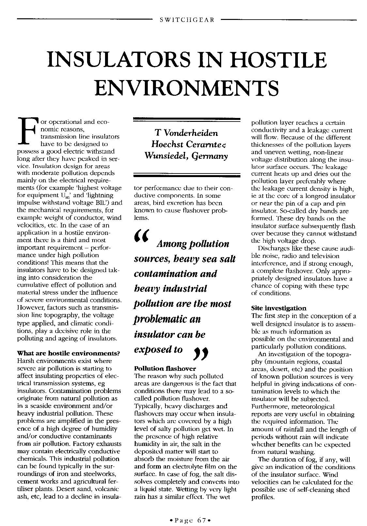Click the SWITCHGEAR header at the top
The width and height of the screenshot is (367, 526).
pyautogui.click(x=187, y=20)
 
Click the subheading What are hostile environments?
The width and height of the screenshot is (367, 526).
pyautogui.click(x=68, y=353)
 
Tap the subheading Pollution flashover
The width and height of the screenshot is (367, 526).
pyautogui.click(x=165, y=369)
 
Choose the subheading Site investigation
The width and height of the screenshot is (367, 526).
pyautogui.click(x=279, y=308)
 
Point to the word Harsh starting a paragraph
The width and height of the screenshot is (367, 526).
pyautogui.click(x=25, y=361)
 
